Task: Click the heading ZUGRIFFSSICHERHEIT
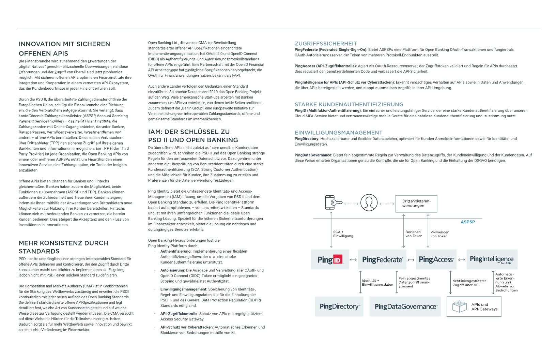[x=326, y=44]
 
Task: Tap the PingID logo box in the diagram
[x=330, y=259]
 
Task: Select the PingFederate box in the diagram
[x=382, y=259]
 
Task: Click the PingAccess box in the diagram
[x=436, y=259]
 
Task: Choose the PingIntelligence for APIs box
[x=492, y=259]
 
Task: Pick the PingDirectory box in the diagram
[x=339, y=306]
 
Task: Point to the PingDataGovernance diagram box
[x=405, y=306]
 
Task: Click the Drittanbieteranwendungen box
[x=416, y=204]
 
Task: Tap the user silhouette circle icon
[x=369, y=202]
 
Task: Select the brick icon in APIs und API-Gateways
[x=459, y=306]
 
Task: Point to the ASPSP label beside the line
[x=467, y=222]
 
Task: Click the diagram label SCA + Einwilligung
[x=343, y=234]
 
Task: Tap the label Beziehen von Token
[x=414, y=234]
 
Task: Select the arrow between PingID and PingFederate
[x=353, y=260]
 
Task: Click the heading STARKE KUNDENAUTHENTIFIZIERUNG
[x=349, y=105]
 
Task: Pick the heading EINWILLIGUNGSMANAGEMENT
[x=338, y=133]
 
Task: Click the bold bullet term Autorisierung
[x=172, y=270]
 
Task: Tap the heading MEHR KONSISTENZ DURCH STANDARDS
[x=63, y=247]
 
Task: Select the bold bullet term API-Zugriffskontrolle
[x=179, y=314]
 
